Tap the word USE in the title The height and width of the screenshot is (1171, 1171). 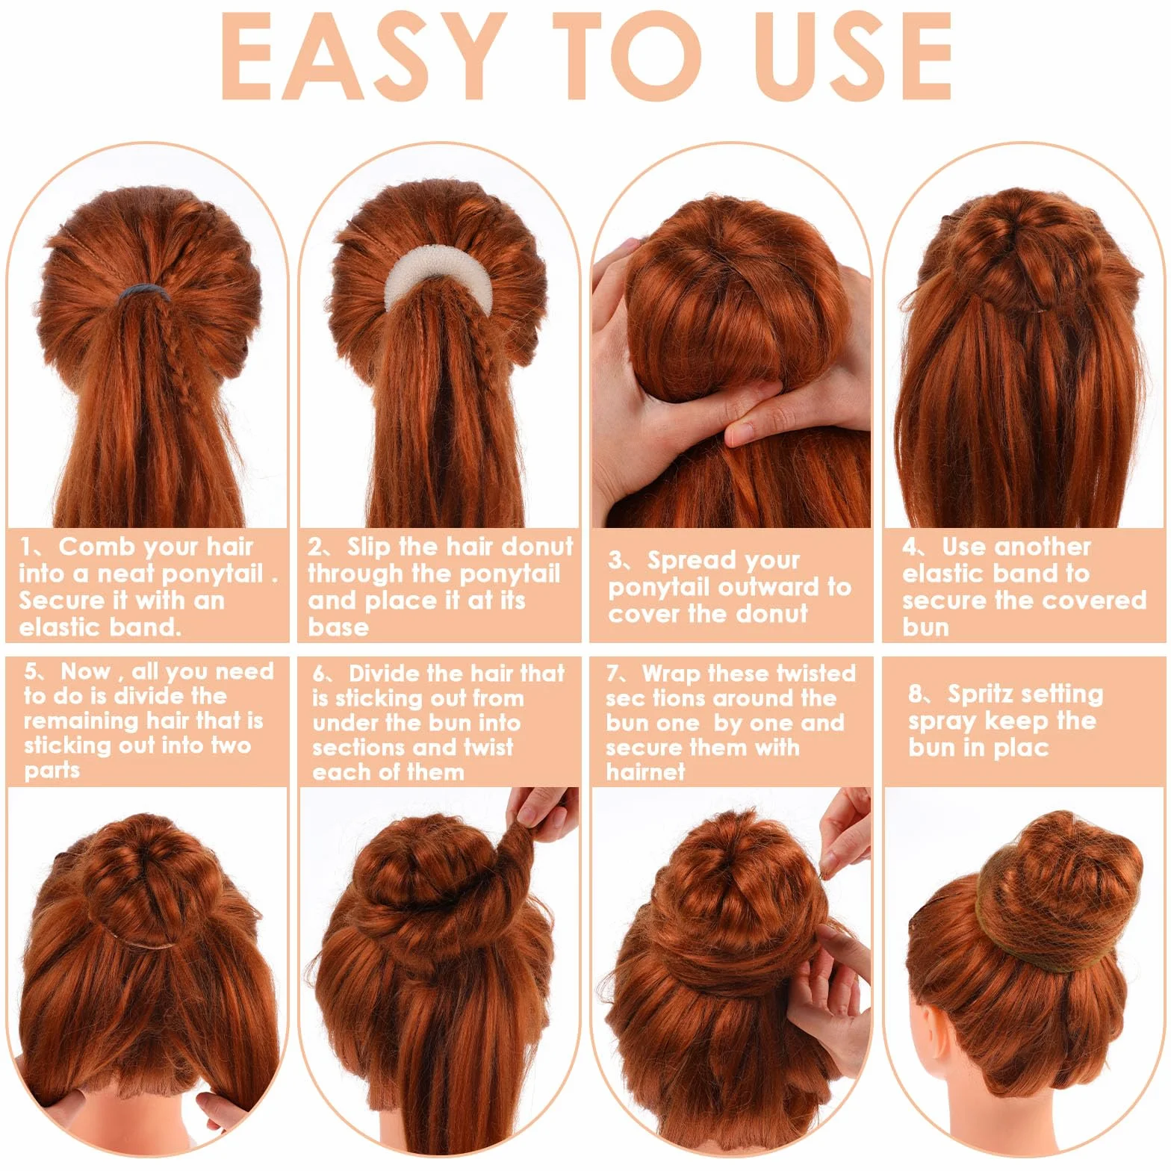(x=854, y=56)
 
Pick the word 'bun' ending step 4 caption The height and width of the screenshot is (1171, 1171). (x=925, y=627)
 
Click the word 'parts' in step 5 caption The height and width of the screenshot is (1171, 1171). (x=52, y=771)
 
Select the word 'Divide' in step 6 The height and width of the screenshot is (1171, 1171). (x=396, y=674)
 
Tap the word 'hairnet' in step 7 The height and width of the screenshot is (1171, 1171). (x=645, y=771)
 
